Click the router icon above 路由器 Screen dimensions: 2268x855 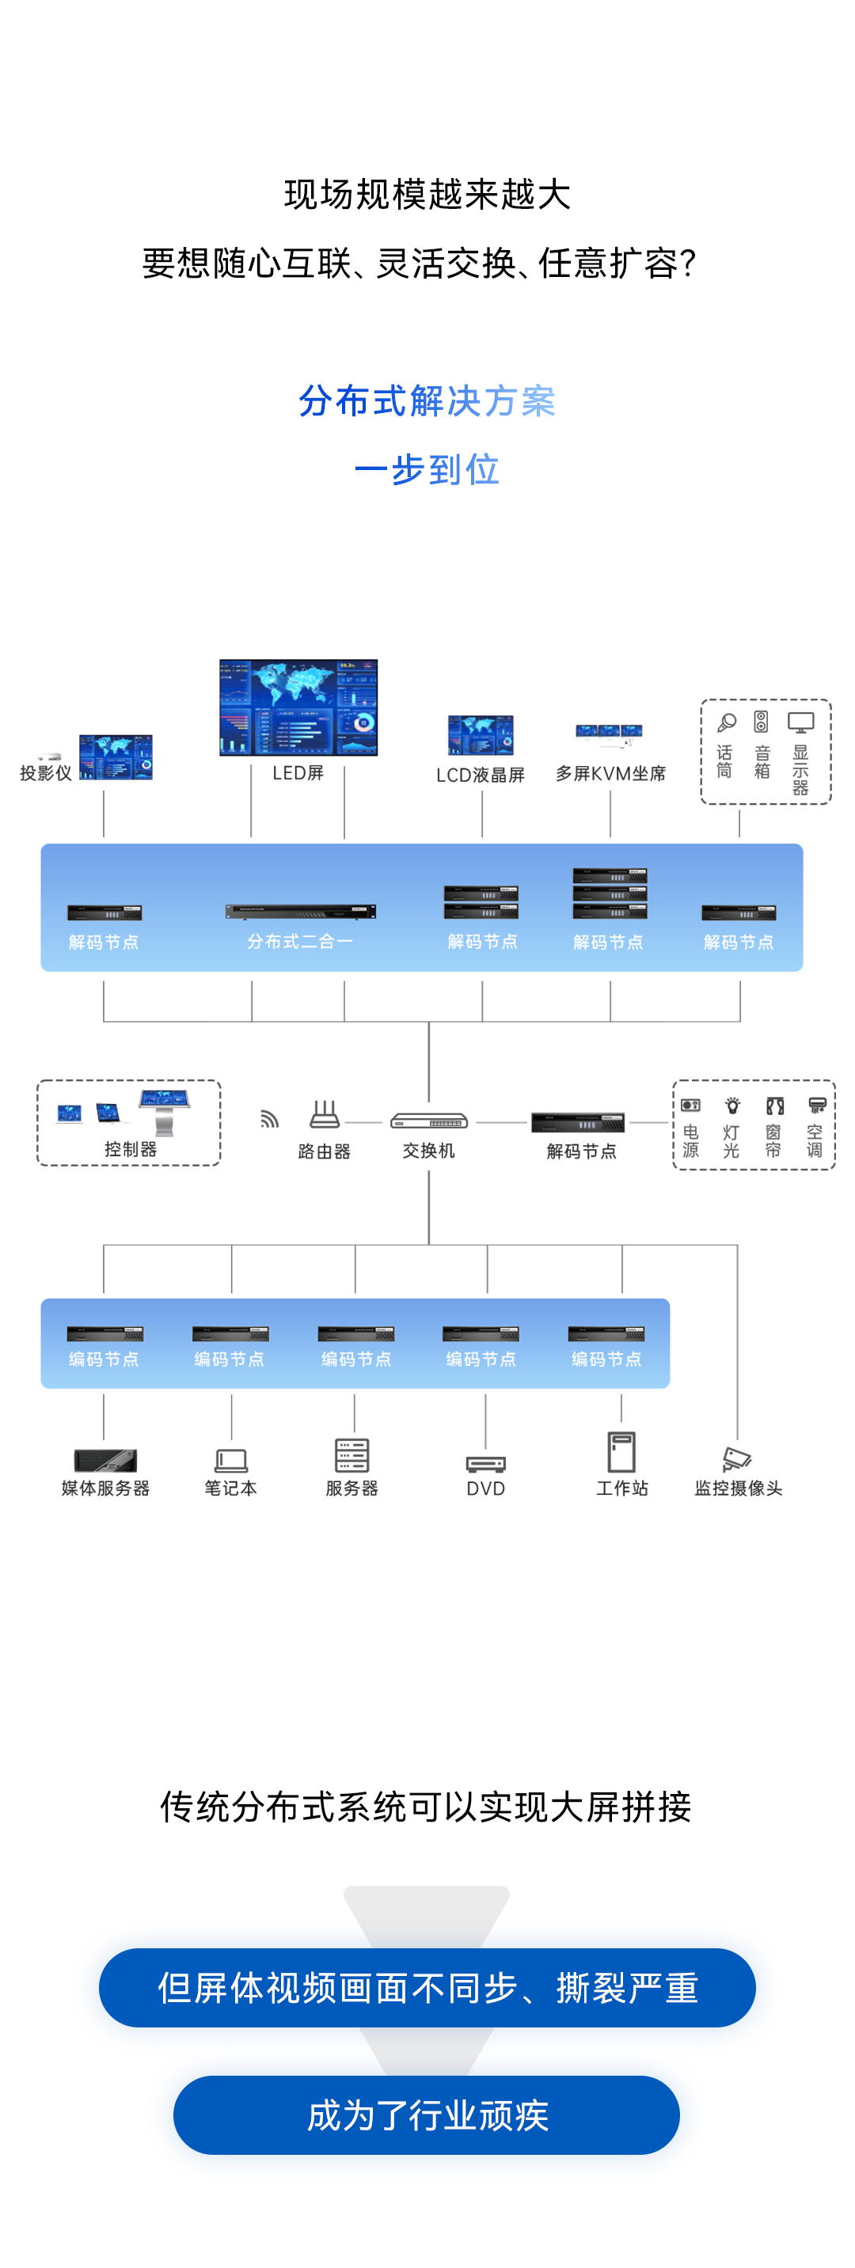[x=324, y=1115]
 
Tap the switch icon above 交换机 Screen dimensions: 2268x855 [x=429, y=1121]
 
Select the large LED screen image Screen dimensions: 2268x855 [x=298, y=707]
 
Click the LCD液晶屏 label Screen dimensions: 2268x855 [x=480, y=775]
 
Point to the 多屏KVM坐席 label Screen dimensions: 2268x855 [x=610, y=774]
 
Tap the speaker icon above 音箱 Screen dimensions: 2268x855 [x=762, y=722]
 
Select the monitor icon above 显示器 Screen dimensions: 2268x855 [x=800, y=722]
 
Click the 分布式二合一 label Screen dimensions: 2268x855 [x=300, y=941]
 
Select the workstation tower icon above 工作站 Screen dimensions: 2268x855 [x=621, y=1452]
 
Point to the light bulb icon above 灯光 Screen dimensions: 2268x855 [x=731, y=1106]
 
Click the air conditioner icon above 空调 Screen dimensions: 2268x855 [x=816, y=1106]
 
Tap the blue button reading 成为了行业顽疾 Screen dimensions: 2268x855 [x=427, y=2114]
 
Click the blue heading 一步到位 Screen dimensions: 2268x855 [x=427, y=469]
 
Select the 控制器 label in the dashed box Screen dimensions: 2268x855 [x=131, y=1149]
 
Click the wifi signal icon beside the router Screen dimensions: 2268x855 [x=269, y=1119]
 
